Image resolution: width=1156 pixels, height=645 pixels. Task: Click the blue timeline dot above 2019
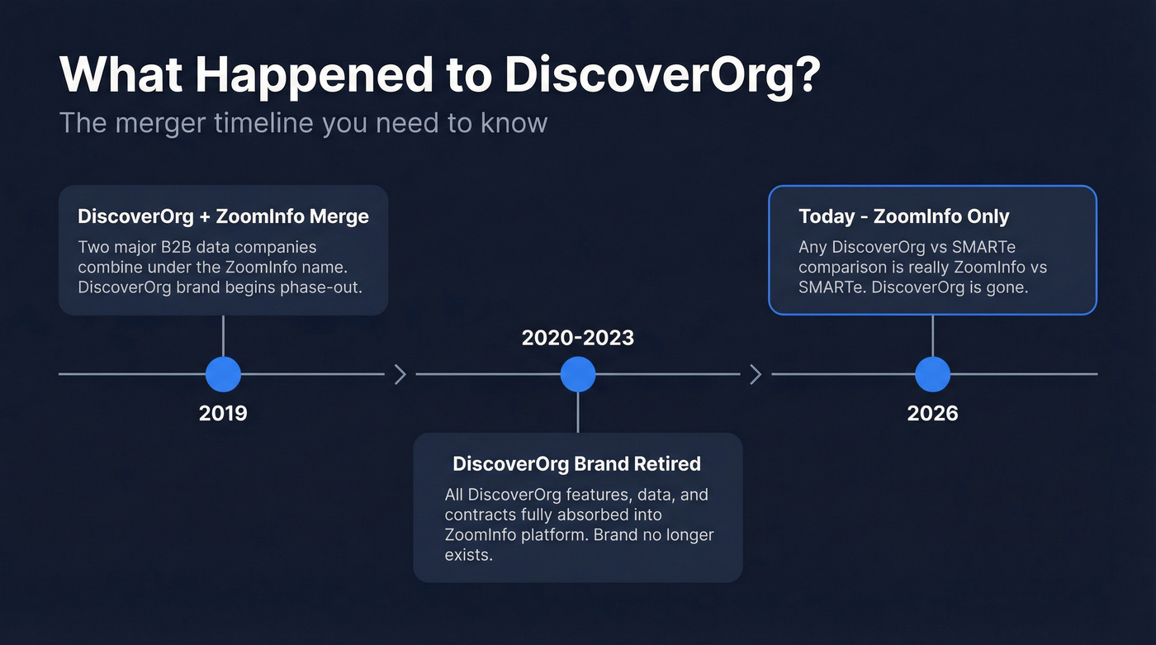click(x=223, y=374)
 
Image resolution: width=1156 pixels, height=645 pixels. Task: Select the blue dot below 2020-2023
click(x=578, y=374)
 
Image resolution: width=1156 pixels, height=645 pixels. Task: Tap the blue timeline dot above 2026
click(x=932, y=374)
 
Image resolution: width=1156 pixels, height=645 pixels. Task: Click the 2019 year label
click(x=223, y=413)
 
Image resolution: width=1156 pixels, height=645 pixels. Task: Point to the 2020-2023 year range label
click(x=578, y=337)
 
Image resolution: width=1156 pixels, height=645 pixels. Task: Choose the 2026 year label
click(x=932, y=413)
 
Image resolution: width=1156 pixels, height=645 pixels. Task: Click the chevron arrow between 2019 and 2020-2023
click(x=400, y=375)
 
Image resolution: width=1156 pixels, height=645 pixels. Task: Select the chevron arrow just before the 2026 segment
click(x=756, y=375)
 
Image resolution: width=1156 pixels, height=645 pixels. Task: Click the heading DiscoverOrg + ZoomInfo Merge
click(x=223, y=216)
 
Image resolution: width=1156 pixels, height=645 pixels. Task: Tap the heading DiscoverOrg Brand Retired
click(x=576, y=464)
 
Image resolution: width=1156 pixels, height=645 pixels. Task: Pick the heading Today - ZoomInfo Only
click(x=903, y=216)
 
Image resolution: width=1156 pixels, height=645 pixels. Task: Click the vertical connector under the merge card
click(x=223, y=335)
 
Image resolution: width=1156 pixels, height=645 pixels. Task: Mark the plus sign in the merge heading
click(x=204, y=217)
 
